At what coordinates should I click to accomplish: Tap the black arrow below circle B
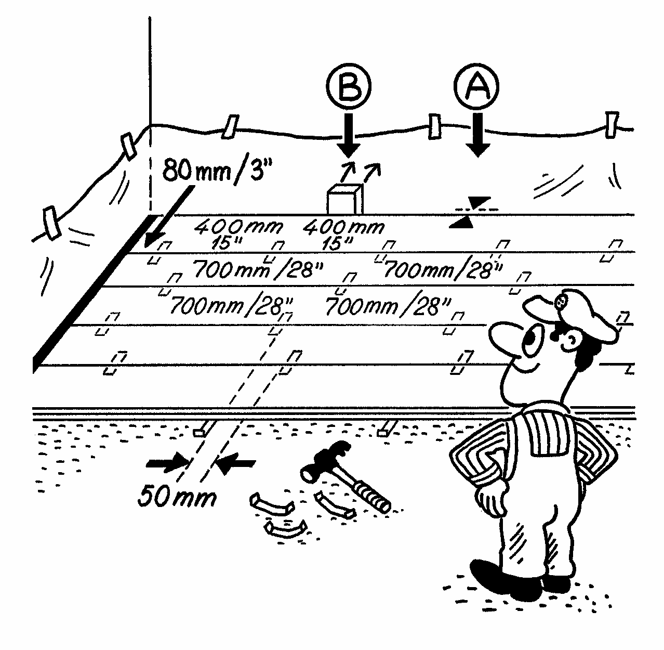coord(348,136)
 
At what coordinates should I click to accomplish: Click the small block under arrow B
coord(343,200)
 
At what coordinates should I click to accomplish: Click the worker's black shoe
coord(499,577)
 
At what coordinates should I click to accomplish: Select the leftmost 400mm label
coord(240,227)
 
